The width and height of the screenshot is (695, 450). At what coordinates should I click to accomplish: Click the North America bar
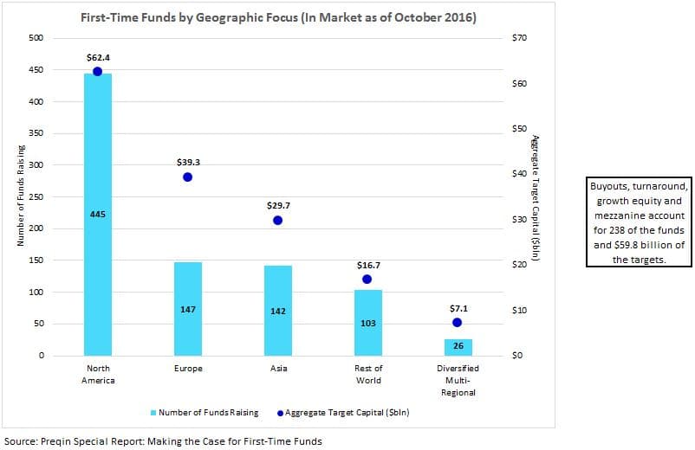click(x=98, y=215)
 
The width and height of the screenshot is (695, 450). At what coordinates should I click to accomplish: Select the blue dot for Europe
click(x=187, y=177)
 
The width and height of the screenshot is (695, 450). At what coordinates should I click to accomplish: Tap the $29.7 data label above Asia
click(x=278, y=206)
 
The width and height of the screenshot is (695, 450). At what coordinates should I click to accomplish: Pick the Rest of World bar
click(x=368, y=323)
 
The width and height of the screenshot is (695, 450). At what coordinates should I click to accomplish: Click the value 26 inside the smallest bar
click(x=458, y=345)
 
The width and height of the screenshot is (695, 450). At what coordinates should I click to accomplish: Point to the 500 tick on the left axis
click(x=36, y=38)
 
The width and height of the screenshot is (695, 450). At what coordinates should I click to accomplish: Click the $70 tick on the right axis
click(x=519, y=38)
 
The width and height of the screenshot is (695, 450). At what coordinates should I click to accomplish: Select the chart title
click(x=278, y=17)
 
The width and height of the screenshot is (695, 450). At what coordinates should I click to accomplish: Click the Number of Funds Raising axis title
click(x=21, y=196)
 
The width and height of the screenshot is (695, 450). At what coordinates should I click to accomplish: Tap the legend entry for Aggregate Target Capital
click(x=343, y=413)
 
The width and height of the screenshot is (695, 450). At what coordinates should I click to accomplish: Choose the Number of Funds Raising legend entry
click(x=205, y=413)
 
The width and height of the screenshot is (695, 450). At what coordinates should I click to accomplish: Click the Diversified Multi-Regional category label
click(x=458, y=381)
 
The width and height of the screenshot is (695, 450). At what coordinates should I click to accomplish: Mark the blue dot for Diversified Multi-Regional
click(x=457, y=323)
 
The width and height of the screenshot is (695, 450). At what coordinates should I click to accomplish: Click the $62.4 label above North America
click(x=98, y=58)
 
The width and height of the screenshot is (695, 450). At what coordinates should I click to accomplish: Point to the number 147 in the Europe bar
click(x=188, y=310)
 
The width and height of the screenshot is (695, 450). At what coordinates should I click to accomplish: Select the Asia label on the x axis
click(x=279, y=369)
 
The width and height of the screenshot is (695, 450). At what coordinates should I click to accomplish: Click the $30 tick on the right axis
click(x=519, y=220)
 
